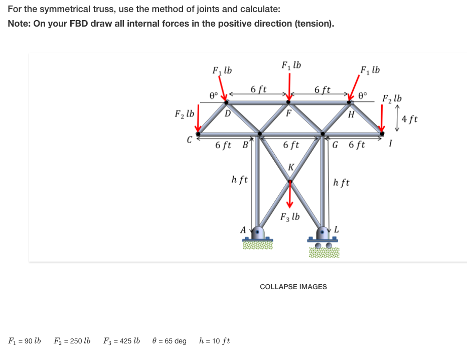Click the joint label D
pyautogui.click(x=228, y=113)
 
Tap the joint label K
pyautogui.click(x=290, y=167)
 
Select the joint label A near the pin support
pyautogui.click(x=243, y=229)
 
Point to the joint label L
pyautogui.click(x=337, y=229)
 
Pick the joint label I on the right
pyautogui.click(x=391, y=145)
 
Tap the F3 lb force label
pyautogui.click(x=290, y=217)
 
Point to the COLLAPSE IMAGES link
pyautogui.click(x=293, y=287)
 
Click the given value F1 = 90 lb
pyautogui.click(x=25, y=341)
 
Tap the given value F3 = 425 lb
pyautogui.click(x=122, y=341)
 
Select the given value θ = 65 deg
pyautogui.click(x=169, y=341)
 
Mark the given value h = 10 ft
pyautogui.click(x=215, y=341)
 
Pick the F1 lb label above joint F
pyautogui.click(x=291, y=65)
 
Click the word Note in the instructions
pyautogui.click(x=19, y=24)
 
